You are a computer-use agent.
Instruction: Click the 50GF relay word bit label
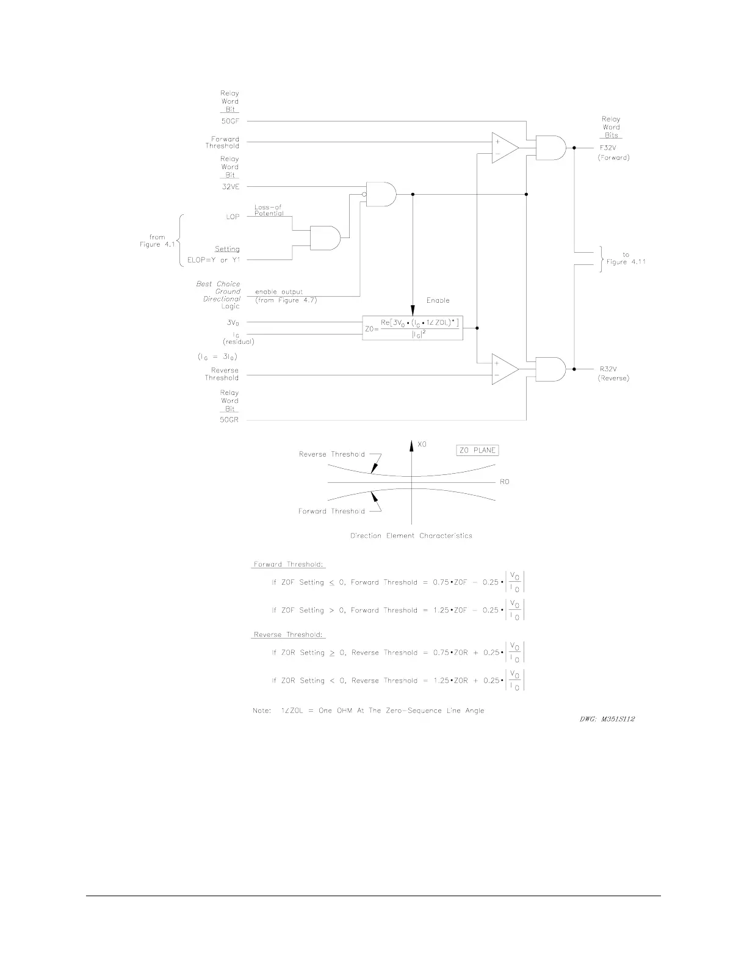point(230,121)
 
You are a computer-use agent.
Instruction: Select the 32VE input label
point(230,187)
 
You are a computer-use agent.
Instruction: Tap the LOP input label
point(233,217)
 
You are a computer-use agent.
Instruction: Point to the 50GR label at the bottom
point(229,421)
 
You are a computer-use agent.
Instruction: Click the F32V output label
point(608,148)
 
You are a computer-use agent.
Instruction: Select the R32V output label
point(608,369)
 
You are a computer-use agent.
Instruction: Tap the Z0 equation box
point(413,328)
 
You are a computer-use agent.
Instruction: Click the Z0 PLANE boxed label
point(477,451)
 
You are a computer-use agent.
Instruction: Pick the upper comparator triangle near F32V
point(503,148)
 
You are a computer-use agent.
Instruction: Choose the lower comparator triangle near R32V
point(503,369)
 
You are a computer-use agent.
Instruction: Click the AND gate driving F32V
point(549,148)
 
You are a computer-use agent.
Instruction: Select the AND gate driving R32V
point(549,369)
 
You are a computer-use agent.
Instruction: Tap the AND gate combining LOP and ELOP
point(325,237)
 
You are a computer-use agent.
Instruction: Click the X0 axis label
point(422,445)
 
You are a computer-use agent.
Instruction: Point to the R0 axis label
point(504,482)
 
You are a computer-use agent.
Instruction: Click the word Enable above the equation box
point(438,300)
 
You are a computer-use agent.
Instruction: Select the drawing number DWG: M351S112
point(607,719)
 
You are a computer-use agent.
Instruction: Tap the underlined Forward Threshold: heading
point(289,565)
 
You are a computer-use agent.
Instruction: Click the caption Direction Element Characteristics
point(411,536)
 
